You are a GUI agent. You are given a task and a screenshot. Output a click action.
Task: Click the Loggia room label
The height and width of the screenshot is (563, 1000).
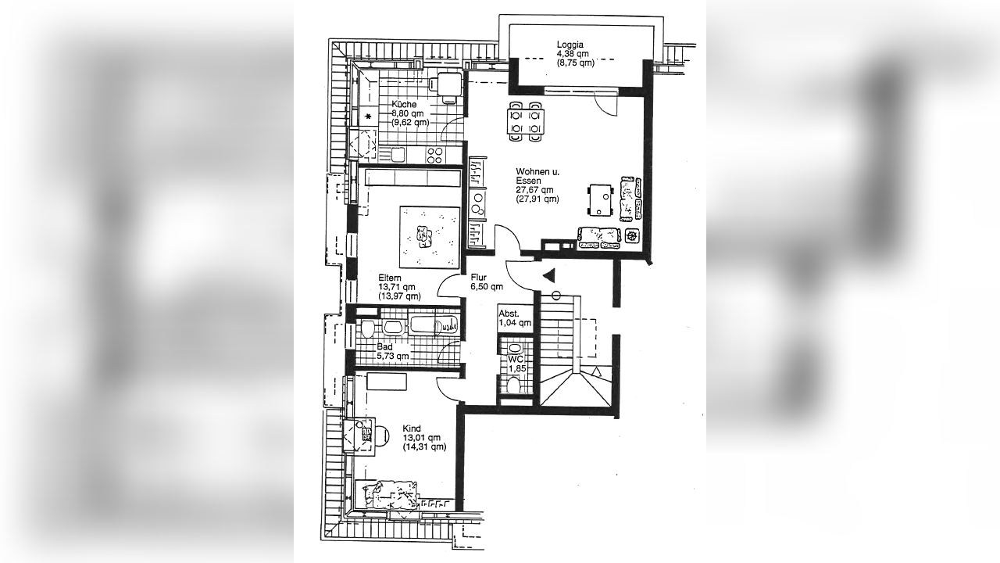(570, 45)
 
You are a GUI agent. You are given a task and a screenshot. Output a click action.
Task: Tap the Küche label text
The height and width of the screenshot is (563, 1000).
(404, 105)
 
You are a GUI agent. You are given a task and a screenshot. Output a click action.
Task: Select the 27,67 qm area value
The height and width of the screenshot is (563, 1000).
(535, 190)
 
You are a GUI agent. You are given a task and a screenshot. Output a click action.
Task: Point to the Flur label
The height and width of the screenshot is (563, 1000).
(478, 278)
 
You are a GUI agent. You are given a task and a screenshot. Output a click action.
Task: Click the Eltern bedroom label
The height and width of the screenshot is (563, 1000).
(390, 278)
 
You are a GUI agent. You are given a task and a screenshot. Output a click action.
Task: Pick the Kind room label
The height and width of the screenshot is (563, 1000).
(412, 428)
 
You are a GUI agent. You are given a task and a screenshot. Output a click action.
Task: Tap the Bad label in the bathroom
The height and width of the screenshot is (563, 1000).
(385, 346)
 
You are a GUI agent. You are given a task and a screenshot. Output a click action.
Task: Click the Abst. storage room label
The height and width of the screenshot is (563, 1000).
(509, 314)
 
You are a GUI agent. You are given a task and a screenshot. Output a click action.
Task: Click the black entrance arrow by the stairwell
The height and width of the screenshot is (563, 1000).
(548, 276)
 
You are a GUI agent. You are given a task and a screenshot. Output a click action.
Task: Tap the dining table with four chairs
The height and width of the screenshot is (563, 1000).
(526, 121)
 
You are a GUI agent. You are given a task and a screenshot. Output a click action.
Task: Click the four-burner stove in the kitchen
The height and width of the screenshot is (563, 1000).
(434, 156)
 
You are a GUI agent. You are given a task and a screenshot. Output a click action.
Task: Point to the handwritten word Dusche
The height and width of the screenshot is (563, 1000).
(446, 326)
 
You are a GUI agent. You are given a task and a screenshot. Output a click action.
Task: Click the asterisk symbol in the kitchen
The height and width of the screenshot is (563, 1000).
(368, 117)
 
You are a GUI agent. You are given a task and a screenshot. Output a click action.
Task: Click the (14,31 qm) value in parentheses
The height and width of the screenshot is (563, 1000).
(424, 446)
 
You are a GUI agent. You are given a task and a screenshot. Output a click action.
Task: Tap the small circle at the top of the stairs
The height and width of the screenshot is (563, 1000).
(556, 296)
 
